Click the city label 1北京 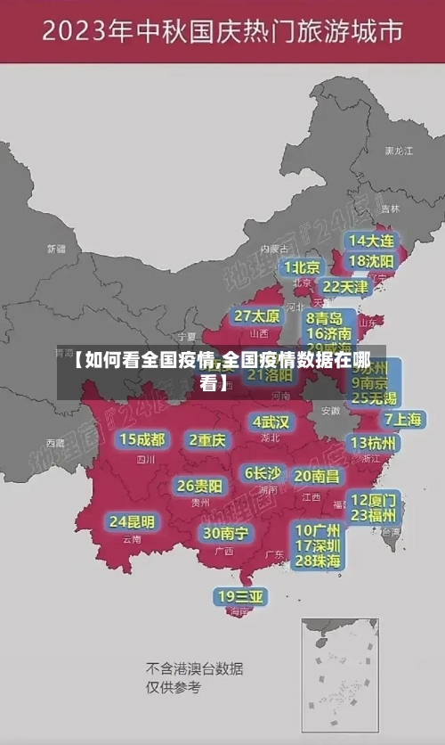coord(303,266)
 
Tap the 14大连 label coord(370,241)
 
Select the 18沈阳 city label coord(370,261)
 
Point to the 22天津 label coord(344,287)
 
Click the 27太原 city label coord(257,316)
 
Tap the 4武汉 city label coord(271,422)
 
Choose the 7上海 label coord(402,419)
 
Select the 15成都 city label coord(142,439)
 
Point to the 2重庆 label coord(207,439)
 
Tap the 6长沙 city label coord(263,473)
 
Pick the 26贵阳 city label coord(199,487)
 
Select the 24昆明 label coord(132,521)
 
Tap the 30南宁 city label coord(225,533)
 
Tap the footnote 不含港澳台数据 coord(195,668)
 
